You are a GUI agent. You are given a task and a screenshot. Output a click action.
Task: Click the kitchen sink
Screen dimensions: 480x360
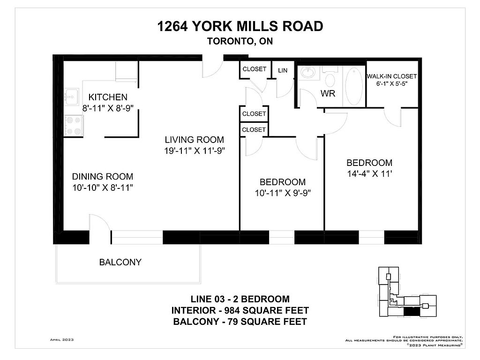(x=72, y=97)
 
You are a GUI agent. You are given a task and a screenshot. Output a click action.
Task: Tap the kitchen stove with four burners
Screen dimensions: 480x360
(x=74, y=126)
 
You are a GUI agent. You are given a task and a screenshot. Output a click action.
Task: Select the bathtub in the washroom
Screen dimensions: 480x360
(x=354, y=86)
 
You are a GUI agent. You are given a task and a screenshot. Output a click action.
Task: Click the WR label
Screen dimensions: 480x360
(x=328, y=94)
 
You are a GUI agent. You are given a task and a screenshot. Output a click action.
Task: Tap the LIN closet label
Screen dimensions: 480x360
(x=283, y=70)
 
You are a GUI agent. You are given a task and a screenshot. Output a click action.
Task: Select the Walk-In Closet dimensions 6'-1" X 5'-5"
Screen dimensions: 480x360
(x=392, y=83)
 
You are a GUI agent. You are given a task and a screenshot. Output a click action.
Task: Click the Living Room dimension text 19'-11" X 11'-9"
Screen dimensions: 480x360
(x=195, y=151)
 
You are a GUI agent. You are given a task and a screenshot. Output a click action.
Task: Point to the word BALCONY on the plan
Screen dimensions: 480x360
(x=120, y=262)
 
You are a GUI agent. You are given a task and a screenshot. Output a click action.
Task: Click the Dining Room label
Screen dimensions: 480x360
(x=103, y=177)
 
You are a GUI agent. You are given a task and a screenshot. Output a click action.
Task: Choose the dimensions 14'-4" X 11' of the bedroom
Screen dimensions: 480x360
(x=369, y=174)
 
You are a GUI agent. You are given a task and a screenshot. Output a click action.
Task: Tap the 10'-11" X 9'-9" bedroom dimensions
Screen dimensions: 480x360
(x=283, y=193)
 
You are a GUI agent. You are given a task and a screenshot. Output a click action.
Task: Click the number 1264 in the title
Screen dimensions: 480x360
(x=172, y=26)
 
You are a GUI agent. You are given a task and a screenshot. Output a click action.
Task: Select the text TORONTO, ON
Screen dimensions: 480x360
(x=240, y=41)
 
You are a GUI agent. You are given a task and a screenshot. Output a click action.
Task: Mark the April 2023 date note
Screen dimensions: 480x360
(x=62, y=340)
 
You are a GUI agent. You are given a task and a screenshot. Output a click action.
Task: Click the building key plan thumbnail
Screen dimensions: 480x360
(x=407, y=292)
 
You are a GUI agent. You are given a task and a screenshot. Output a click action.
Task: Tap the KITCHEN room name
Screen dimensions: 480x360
(x=108, y=97)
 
